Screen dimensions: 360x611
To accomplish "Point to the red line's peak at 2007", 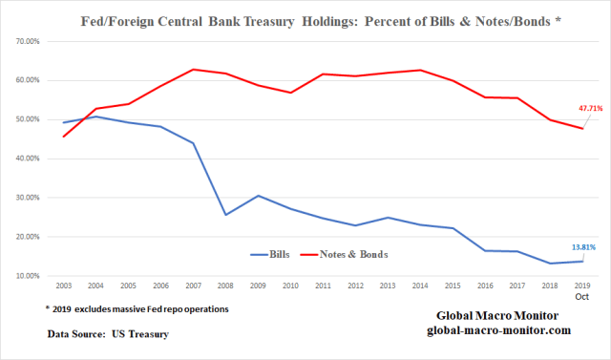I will pyautogui.click(x=193, y=70).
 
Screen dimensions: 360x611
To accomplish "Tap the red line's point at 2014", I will pyautogui.click(x=419, y=70).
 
